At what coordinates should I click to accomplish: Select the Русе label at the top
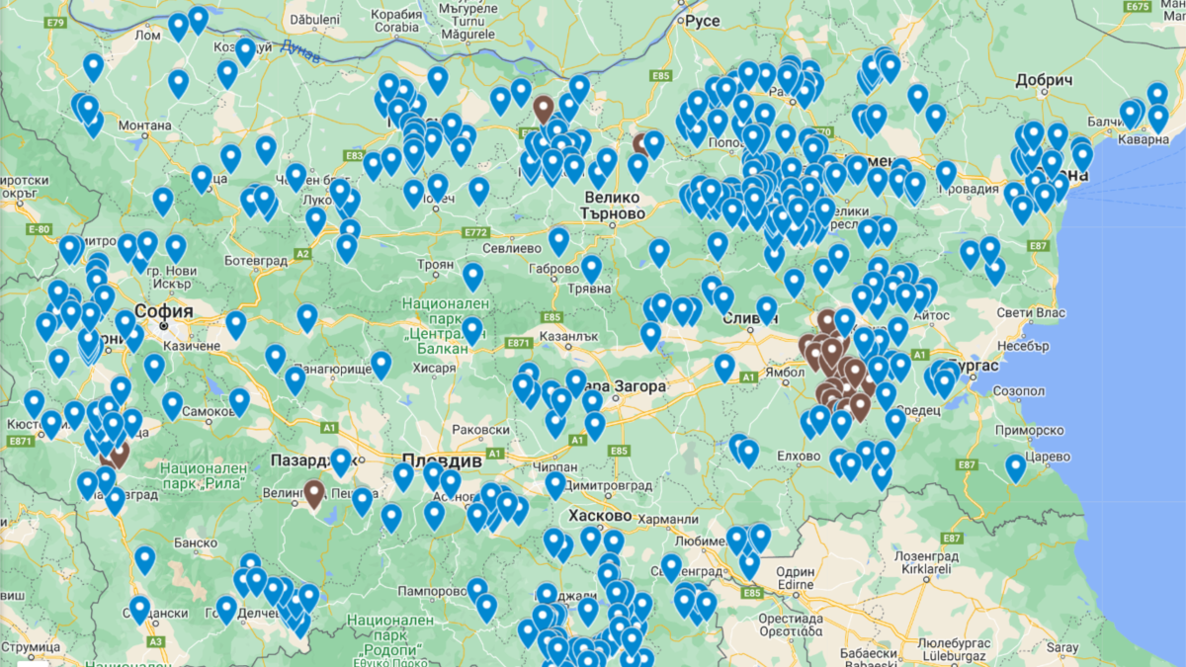point(703,21)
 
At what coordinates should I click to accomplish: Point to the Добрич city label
point(1042,80)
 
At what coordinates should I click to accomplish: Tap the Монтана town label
point(145,125)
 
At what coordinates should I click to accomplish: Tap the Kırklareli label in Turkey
point(931,571)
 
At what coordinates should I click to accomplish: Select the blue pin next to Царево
point(1015,466)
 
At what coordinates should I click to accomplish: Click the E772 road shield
point(475,233)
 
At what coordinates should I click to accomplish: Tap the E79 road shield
point(55,22)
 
